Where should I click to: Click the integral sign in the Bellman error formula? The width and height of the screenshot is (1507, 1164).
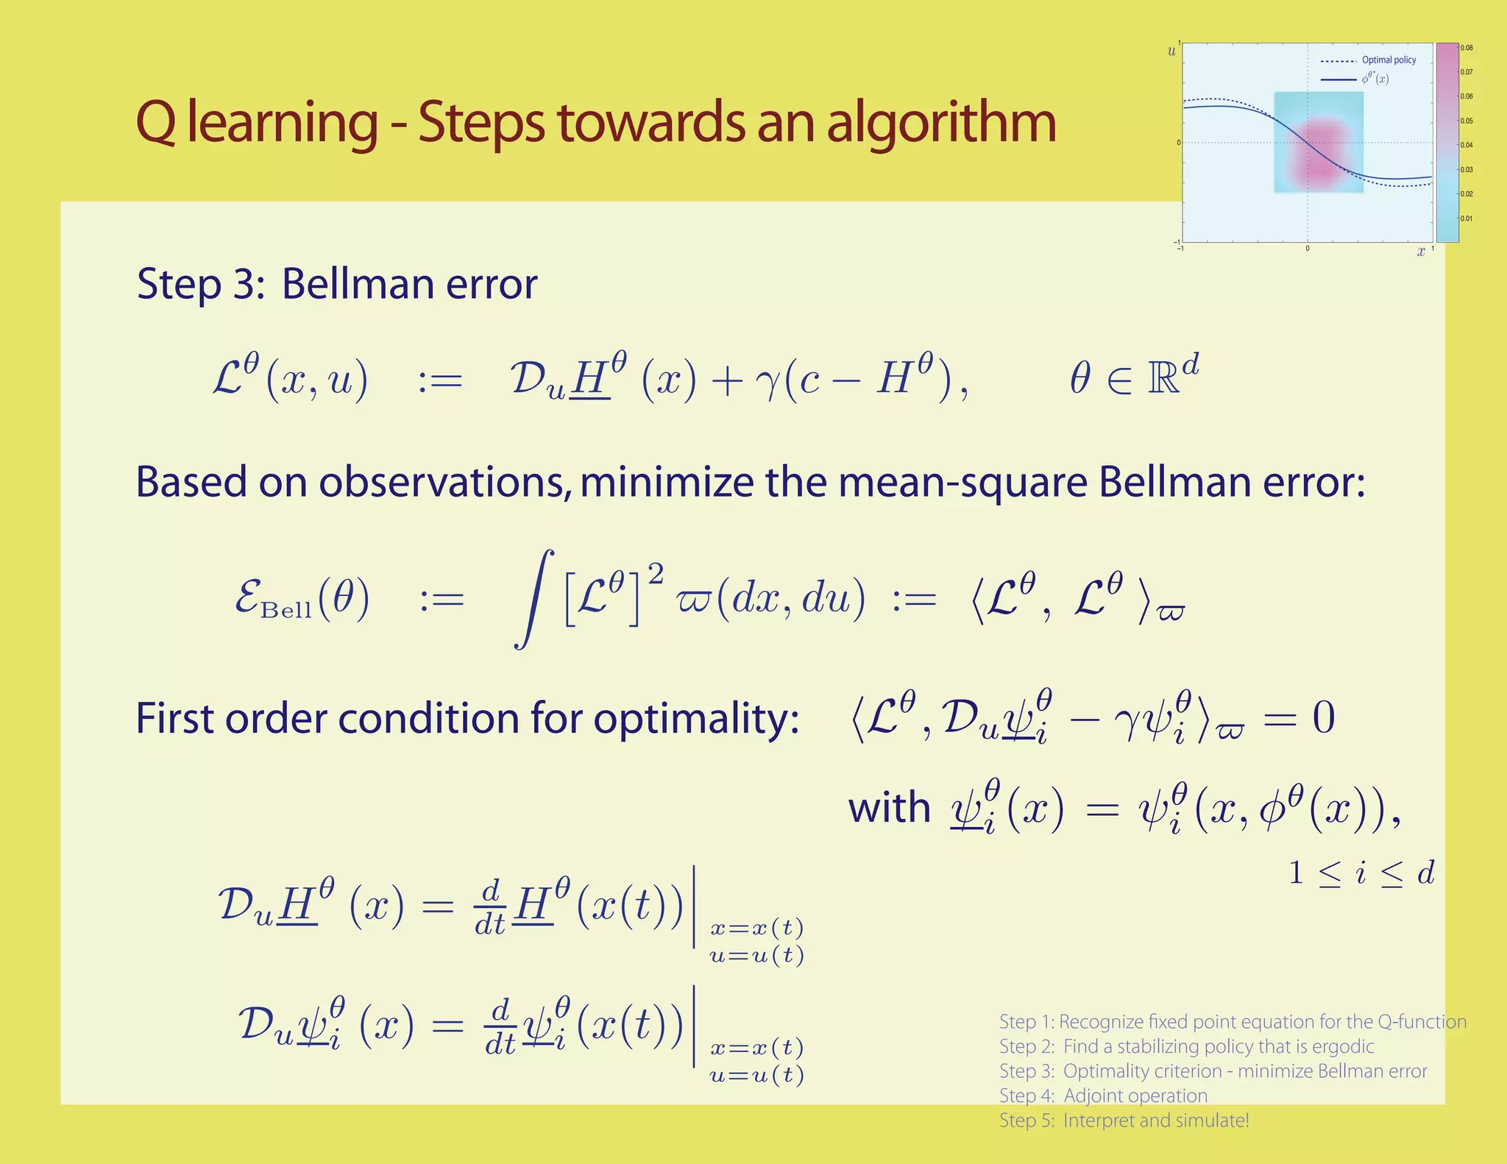tap(533, 600)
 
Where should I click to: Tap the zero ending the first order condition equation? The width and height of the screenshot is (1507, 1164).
tap(1323, 718)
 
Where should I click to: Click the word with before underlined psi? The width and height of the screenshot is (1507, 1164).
tap(889, 808)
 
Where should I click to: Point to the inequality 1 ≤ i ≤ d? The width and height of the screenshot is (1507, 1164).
tap(1361, 873)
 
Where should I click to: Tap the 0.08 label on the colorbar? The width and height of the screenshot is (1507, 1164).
tap(1467, 49)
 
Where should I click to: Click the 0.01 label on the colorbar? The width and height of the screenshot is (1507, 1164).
tap(1467, 219)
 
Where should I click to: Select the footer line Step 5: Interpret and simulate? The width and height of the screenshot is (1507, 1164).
tap(1124, 1121)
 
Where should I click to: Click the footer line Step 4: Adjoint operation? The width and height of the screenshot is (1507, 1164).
tap(1103, 1096)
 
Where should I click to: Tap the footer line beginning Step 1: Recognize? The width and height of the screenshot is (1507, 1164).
tap(1233, 1022)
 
